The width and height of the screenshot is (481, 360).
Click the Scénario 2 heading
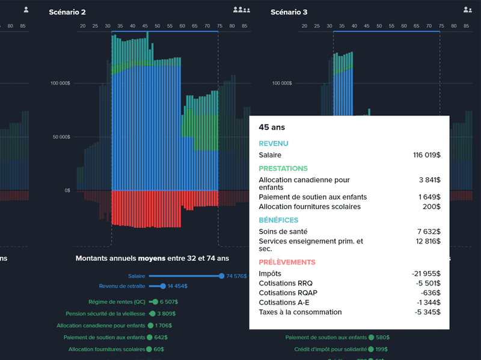[x=67, y=12]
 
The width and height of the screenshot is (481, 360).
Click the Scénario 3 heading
[x=289, y=12]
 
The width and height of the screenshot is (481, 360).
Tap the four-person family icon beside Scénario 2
[x=242, y=10]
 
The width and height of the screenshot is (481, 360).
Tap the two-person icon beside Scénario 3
[x=467, y=10]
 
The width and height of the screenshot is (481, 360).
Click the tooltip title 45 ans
[x=272, y=127]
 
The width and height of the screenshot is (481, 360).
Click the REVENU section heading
[x=274, y=144]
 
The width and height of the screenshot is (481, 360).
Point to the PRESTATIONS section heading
[x=283, y=169]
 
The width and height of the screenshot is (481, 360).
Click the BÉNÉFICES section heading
[x=278, y=220]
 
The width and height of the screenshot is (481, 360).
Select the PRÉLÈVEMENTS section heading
[x=287, y=263]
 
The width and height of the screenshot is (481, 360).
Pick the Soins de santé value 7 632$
[x=427, y=231]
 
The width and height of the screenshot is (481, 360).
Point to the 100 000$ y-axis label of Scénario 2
[x=60, y=83]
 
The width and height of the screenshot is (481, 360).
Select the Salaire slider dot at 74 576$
[x=222, y=276]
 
